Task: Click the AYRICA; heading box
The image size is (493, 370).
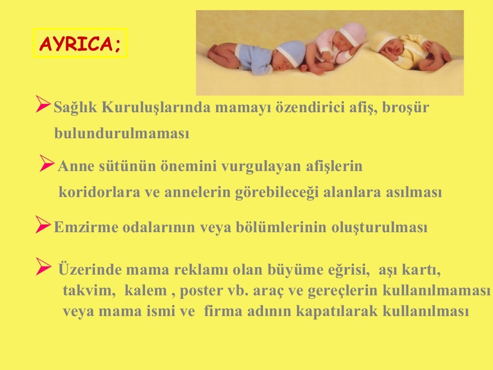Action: [x=80, y=43]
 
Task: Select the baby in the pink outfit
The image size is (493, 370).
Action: [x=332, y=46]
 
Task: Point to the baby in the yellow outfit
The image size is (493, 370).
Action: [x=409, y=51]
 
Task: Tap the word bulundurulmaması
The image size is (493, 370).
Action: [x=122, y=134]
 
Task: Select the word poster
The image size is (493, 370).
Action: [x=208, y=291]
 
